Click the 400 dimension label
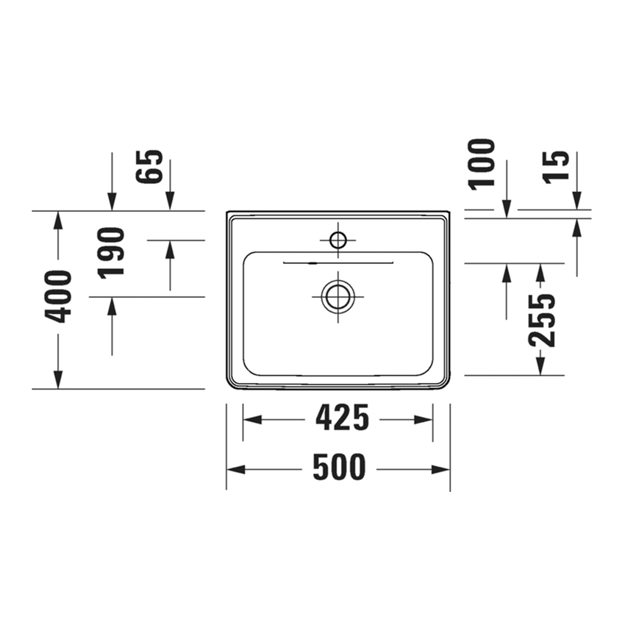(x=59, y=296)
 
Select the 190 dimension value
(x=112, y=251)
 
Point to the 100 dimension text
(x=482, y=163)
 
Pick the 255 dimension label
(x=542, y=320)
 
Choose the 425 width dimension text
(x=342, y=418)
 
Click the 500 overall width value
(x=339, y=468)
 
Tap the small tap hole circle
(x=338, y=240)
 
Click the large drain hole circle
(x=338, y=296)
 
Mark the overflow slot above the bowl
(x=338, y=261)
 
